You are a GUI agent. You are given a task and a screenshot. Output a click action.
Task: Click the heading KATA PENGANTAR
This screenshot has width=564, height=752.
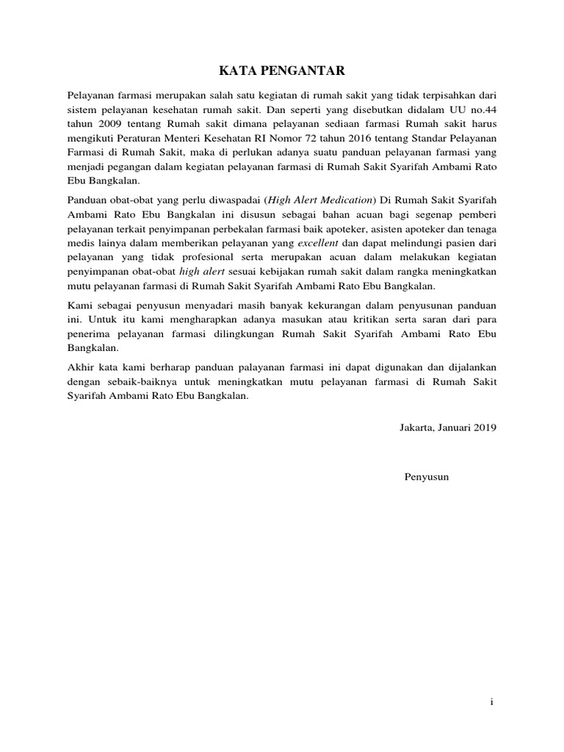click(x=282, y=70)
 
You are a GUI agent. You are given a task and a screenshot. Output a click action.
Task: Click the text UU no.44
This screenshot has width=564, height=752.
click(x=476, y=109)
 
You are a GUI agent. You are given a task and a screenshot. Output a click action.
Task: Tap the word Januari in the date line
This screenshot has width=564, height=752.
click(x=458, y=427)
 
